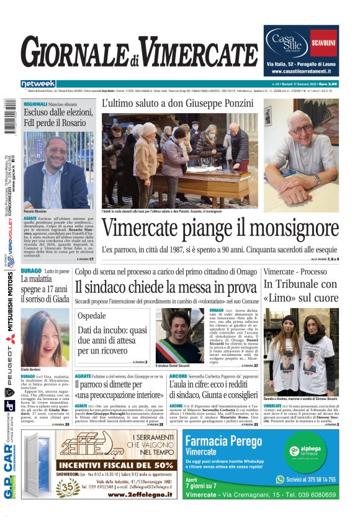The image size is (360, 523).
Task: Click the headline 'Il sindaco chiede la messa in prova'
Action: point(166,288)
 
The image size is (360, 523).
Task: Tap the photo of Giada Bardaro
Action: point(45,338)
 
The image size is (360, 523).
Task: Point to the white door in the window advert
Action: point(39,463)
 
